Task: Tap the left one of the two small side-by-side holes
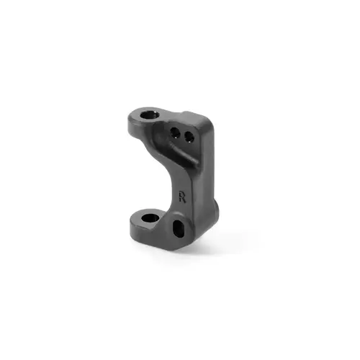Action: tap(175, 132)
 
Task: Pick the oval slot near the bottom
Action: tap(177, 230)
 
